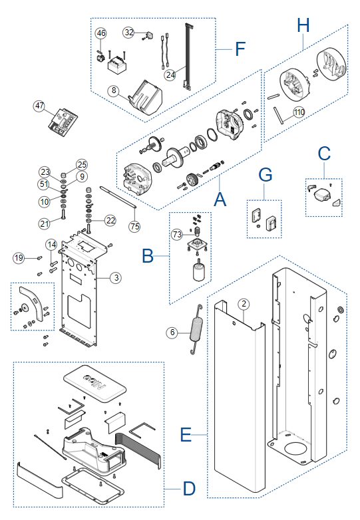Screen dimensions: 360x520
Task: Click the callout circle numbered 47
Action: coord(39,106)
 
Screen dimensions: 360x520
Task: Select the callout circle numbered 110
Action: coord(299,112)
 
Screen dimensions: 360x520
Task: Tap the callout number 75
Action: coord(134,226)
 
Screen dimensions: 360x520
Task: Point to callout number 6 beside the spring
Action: coord(172,332)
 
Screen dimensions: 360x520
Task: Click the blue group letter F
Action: coord(240,49)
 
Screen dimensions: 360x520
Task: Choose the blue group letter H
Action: coord(303,25)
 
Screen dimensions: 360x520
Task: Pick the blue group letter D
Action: coord(189,489)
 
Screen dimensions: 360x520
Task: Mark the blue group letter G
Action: coord(266,175)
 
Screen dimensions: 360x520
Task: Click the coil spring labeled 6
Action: coord(196,329)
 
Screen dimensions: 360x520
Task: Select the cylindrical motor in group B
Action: coord(199,270)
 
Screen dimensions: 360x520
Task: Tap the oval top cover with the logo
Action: coord(94,384)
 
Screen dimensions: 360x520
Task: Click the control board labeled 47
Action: coord(63,122)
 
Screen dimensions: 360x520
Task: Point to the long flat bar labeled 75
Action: coord(118,197)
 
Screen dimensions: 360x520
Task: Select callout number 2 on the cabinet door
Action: coord(244,304)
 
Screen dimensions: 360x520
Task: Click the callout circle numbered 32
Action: coord(128,32)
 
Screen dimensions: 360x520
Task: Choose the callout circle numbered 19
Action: coord(19,258)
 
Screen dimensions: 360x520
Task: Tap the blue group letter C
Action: coord(324,154)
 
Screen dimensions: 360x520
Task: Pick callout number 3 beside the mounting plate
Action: coord(116,277)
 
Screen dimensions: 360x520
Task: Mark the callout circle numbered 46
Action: coord(101,33)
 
